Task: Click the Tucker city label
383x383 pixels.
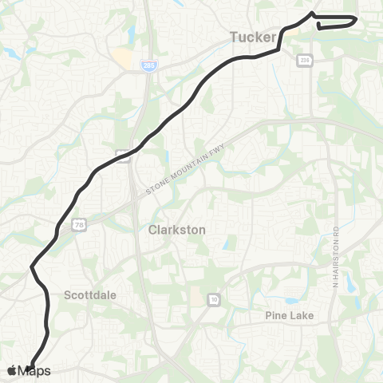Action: tap(252, 37)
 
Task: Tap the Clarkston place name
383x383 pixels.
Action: tap(177, 229)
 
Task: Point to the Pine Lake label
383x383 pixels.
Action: tap(289, 316)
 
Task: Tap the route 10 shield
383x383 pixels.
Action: tap(213, 299)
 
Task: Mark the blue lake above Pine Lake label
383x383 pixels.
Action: tap(293, 301)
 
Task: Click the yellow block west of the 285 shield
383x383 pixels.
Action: tap(122, 57)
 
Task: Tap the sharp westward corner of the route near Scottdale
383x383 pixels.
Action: tap(31, 267)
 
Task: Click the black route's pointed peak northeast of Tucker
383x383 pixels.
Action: tap(311, 14)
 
